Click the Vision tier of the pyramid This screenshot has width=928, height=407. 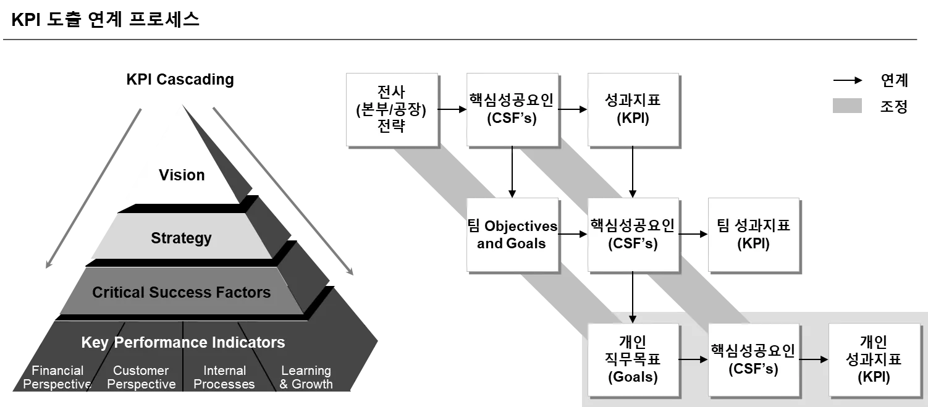181,175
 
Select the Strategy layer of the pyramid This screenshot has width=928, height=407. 181,238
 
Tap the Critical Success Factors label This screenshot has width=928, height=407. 181,292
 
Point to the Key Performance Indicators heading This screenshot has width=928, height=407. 183,343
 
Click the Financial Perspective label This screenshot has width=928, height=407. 57,377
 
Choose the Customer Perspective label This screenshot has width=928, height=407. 141,377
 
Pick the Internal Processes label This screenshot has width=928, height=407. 224,377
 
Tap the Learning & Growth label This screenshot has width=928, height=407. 306,377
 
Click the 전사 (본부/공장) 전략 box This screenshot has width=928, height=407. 392,110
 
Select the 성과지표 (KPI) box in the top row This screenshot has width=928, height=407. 633,110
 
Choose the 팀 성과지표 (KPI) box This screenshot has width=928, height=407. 753,235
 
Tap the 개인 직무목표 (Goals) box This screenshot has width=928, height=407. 632,359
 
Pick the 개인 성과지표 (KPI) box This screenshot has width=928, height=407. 874,359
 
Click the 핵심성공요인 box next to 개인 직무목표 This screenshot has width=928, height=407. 753,359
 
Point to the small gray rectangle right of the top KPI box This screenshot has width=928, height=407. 847,104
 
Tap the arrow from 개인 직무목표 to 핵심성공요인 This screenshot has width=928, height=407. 693,359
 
